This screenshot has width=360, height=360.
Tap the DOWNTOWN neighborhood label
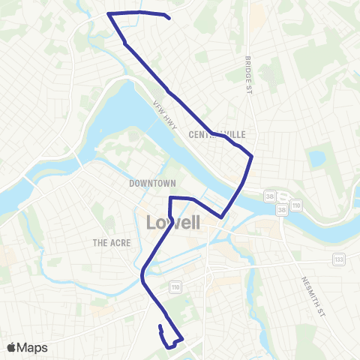[152, 183]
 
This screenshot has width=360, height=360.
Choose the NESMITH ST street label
[311, 292]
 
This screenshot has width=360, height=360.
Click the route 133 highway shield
[340, 259]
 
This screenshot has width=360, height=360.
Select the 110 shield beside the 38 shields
[296, 204]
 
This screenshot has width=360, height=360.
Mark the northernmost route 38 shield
[269, 196]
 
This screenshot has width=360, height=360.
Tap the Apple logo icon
[13, 347]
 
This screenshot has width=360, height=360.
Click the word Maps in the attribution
[34, 347]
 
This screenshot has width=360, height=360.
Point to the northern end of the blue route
[171, 18]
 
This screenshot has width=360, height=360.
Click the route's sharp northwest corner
[109, 13]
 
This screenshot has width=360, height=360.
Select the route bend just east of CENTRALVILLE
[252, 157]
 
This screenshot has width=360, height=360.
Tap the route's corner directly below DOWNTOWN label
[172, 198]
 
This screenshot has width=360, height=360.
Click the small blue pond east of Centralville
[316, 158]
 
